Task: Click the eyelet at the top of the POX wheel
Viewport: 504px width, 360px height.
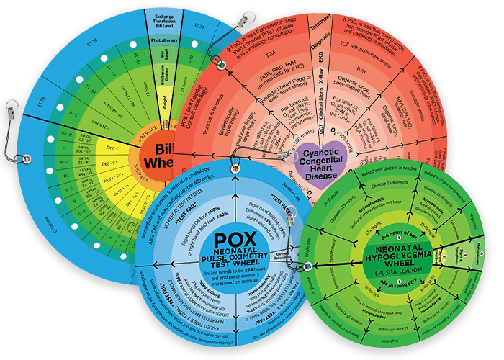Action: (233, 169)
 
